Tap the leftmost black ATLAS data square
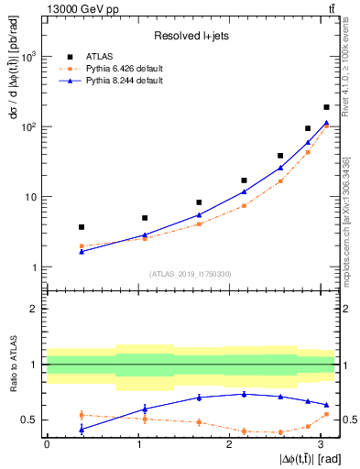point(82,227)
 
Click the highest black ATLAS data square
point(326,107)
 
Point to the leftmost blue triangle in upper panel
point(82,251)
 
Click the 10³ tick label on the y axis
point(27,57)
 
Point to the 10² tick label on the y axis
point(27,126)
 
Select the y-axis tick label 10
point(30,197)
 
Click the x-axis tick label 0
point(47,444)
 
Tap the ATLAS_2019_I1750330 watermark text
point(190,274)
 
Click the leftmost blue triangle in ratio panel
point(82,429)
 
